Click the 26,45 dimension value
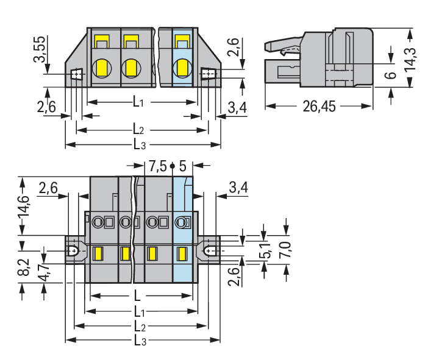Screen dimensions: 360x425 [319, 107]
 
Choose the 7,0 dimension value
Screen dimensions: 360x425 [285, 250]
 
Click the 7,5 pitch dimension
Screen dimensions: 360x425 [157, 165]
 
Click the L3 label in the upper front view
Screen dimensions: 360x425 [139, 144]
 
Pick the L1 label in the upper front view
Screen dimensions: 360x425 [138, 102]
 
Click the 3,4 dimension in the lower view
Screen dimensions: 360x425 [238, 188]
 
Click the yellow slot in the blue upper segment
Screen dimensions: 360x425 [181, 42]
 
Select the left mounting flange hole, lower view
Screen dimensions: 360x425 [73, 250]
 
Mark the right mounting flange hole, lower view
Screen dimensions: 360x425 [210, 250]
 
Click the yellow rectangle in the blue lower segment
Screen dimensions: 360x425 [181, 253]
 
